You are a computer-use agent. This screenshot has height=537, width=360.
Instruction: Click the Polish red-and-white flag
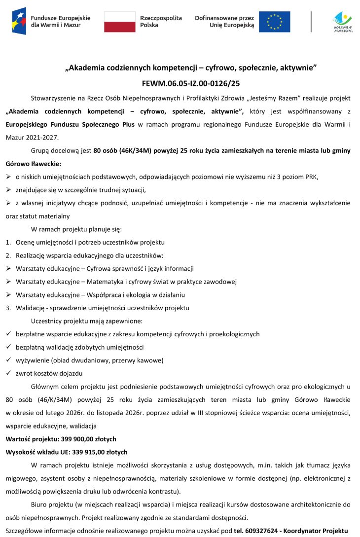coord(119,22)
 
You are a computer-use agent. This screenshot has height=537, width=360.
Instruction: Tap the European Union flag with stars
coord(275,22)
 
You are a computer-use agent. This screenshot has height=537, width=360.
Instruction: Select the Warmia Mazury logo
coord(343,22)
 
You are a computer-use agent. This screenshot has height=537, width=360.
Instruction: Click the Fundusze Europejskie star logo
coord(19,21)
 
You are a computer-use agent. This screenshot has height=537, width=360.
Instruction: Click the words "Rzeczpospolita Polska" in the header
coord(161,21)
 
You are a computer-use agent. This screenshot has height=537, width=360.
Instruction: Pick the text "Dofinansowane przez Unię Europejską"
coord(224,21)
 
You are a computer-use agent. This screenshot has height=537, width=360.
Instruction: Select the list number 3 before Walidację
coord(8,308)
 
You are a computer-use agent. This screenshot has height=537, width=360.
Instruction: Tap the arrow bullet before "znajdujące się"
coord(8,189)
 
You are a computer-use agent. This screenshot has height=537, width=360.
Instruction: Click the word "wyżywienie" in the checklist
coord(32,360)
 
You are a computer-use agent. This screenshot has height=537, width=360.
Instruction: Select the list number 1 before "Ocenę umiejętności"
coord(8,243)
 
